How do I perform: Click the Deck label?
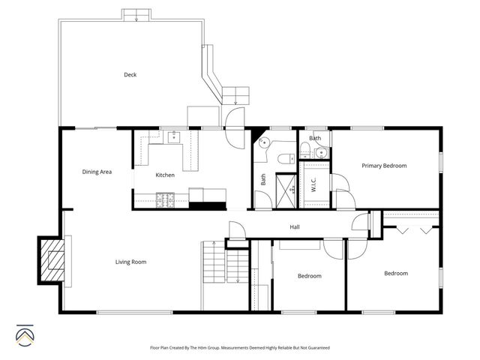coord(130,74)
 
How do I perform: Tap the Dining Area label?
coord(97,172)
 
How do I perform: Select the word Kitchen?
coord(165,175)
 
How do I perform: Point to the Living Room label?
coord(130,262)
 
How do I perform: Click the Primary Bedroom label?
coord(384,166)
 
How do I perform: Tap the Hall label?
coord(295,227)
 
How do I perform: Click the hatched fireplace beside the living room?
coord(52,259)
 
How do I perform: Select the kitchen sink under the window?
coord(173,136)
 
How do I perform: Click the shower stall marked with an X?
coord(286,185)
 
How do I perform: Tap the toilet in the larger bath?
coord(285,158)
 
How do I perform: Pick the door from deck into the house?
coord(235,117)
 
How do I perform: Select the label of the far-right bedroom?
coord(395,274)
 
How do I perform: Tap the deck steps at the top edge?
coord(136,14)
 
